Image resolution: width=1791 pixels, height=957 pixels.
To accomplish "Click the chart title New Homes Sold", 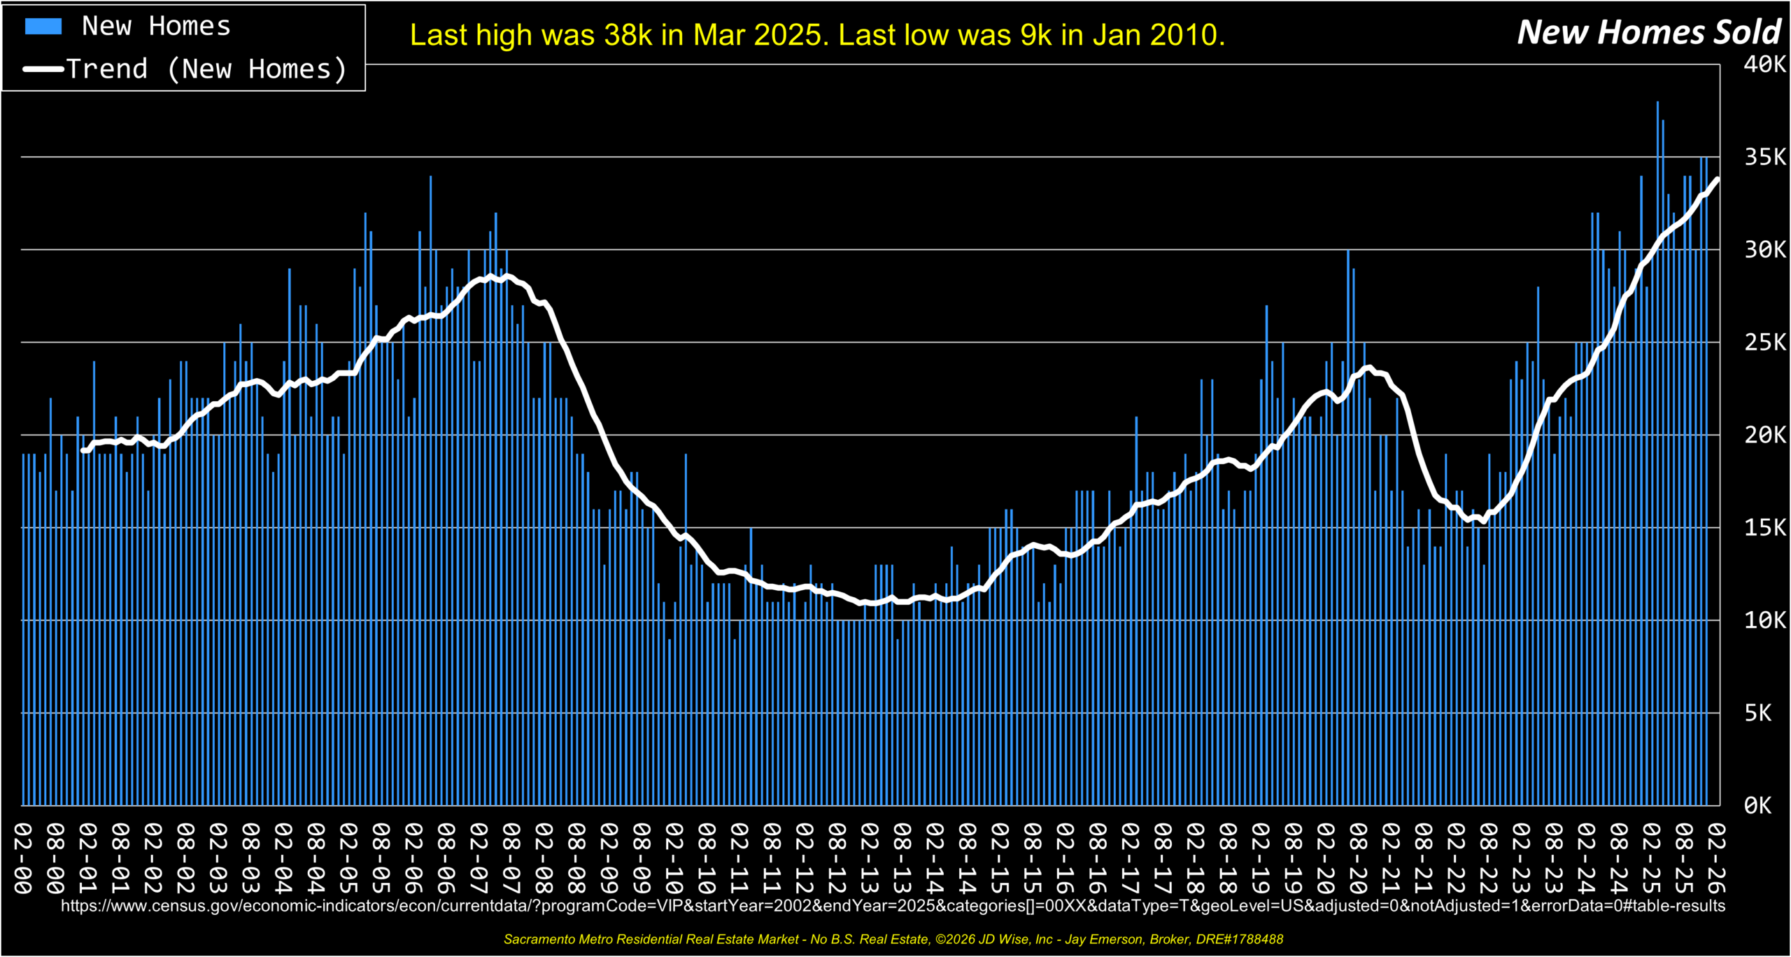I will click(x=1648, y=32).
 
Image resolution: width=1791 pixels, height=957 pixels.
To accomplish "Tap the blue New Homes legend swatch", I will click(x=43, y=27).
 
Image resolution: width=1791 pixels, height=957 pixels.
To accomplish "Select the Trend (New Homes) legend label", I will click(x=207, y=69).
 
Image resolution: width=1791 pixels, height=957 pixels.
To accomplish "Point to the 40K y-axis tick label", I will click(x=1764, y=64).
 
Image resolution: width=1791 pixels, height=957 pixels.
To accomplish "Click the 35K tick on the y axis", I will click(x=1764, y=157).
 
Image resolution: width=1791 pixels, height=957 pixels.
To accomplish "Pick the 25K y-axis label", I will click(x=1764, y=342).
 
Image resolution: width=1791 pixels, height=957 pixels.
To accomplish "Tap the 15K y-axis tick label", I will click(x=1764, y=527).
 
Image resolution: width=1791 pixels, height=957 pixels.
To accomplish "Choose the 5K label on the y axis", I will click(x=1757, y=713).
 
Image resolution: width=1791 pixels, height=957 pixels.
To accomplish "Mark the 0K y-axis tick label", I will click(x=1757, y=806).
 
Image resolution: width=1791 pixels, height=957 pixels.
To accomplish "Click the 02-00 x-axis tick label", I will click(x=22, y=858).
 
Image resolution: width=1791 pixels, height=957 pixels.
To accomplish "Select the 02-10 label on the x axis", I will click(x=674, y=858).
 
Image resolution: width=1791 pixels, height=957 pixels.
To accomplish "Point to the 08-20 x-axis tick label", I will click(x=1358, y=858).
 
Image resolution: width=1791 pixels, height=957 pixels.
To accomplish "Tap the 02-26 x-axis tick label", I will click(x=1716, y=858).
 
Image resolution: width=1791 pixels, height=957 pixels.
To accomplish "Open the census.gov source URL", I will click(x=893, y=906).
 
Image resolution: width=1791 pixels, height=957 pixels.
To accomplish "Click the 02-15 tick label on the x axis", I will click(x=1000, y=858).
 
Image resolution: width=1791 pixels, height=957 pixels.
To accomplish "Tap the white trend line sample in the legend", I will click(x=43, y=69).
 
